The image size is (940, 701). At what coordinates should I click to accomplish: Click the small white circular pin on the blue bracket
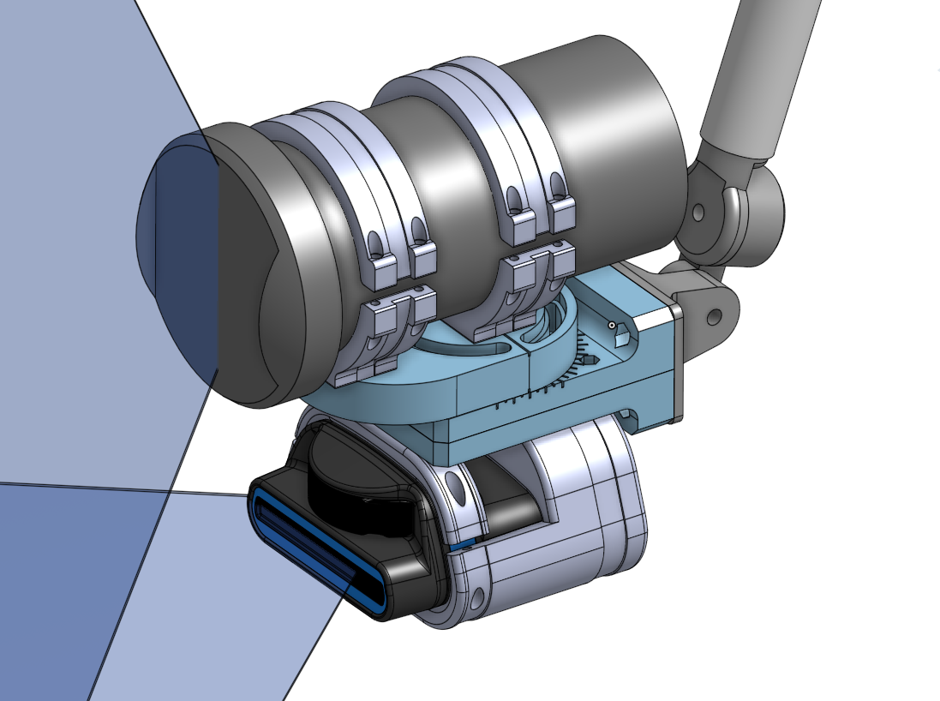611,326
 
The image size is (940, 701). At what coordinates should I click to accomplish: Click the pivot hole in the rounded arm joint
700,211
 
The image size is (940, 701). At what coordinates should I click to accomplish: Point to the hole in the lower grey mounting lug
713,316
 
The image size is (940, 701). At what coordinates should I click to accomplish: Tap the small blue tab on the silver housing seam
464,543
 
